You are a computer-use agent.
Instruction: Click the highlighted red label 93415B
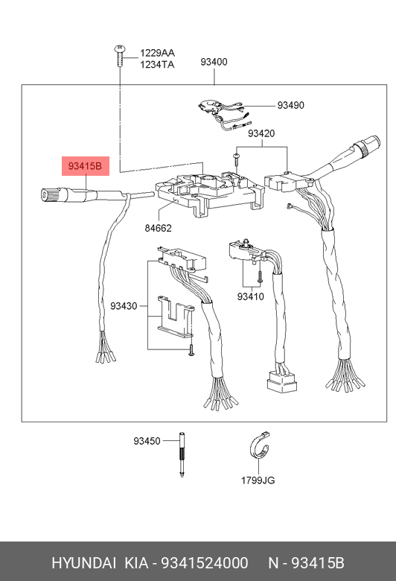(x=85, y=166)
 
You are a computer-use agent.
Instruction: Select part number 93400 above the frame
(x=214, y=62)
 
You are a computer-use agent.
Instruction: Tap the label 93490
(x=291, y=105)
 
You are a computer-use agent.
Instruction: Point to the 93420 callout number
(x=261, y=133)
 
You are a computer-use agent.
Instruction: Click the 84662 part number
(x=159, y=228)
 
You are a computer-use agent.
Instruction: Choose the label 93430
(x=124, y=306)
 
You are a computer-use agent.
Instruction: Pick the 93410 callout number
(x=251, y=296)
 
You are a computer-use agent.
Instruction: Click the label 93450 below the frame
(x=147, y=441)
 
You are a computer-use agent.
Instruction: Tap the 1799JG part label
(x=258, y=480)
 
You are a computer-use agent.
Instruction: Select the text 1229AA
(x=157, y=53)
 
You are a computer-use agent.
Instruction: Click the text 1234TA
(x=157, y=65)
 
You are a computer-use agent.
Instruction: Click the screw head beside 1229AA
(x=120, y=48)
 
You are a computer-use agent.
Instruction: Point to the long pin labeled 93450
(x=182, y=454)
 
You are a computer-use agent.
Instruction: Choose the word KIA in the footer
(x=136, y=563)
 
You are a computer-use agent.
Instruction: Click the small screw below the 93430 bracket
(x=191, y=350)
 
